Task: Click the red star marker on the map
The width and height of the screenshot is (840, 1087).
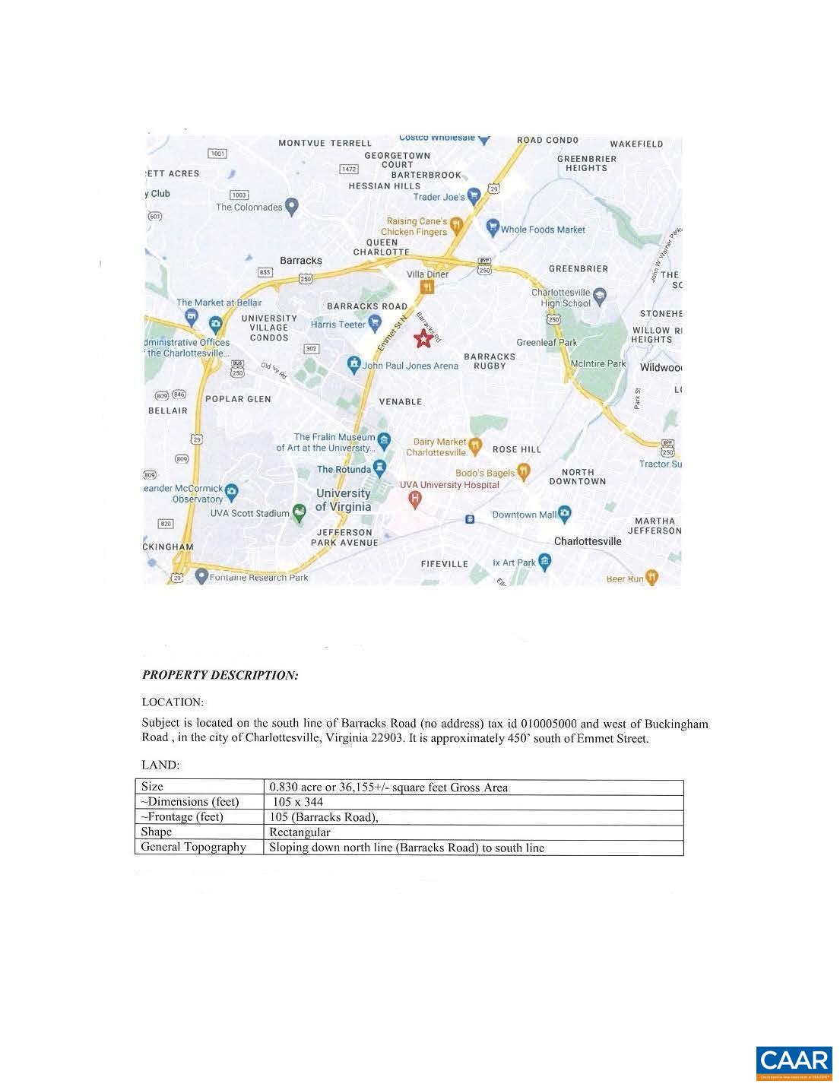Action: [x=423, y=339]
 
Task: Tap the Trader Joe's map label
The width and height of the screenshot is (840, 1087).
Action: [x=439, y=197]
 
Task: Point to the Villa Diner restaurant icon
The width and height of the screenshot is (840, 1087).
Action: [x=427, y=287]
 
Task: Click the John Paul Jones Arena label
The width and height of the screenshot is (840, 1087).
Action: [x=410, y=366]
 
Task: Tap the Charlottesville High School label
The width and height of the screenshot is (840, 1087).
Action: [x=561, y=298]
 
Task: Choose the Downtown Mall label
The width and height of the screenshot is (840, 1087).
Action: [x=525, y=515]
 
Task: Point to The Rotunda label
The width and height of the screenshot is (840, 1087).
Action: [x=344, y=469]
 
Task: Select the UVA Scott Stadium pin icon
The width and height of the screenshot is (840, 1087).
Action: [x=299, y=515]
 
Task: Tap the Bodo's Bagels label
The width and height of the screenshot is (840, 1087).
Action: [x=485, y=473]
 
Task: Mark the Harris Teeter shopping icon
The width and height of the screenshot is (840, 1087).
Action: [x=375, y=324]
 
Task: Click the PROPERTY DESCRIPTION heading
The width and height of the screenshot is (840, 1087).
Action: [x=220, y=675]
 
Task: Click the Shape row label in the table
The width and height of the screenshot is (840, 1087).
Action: [x=157, y=832]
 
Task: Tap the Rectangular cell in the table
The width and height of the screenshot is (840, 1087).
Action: [x=300, y=832]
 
